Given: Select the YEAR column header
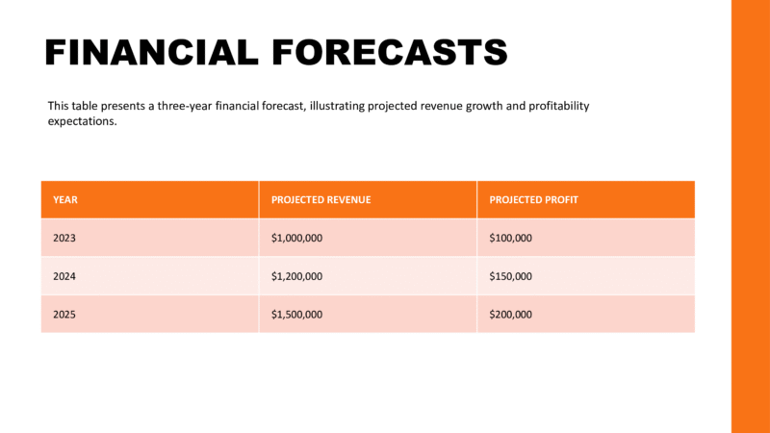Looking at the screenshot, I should pyautogui.click(x=65, y=200).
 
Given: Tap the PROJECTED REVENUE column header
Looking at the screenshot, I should pyautogui.click(x=321, y=200).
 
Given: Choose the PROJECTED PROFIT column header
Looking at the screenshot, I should pyautogui.click(x=533, y=200).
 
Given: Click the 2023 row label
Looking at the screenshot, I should pyautogui.click(x=65, y=238).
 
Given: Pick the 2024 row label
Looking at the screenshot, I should pyautogui.click(x=65, y=276).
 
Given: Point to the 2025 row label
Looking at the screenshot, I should pyautogui.click(x=65, y=315).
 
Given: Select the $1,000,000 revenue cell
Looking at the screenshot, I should pyautogui.click(x=296, y=238).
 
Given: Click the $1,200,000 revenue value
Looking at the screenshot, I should pyautogui.click(x=296, y=276).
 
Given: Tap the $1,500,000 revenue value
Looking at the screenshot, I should pyautogui.click(x=296, y=315).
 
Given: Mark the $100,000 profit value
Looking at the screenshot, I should pyautogui.click(x=511, y=238).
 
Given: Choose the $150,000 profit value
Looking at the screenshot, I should pyautogui.click(x=511, y=276).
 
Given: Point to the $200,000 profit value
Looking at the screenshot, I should pyautogui.click(x=511, y=315).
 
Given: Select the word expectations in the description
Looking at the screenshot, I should pyautogui.click(x=82, y=122).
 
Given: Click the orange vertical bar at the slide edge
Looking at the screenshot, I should pyautogui.click(x=751, y=216).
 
